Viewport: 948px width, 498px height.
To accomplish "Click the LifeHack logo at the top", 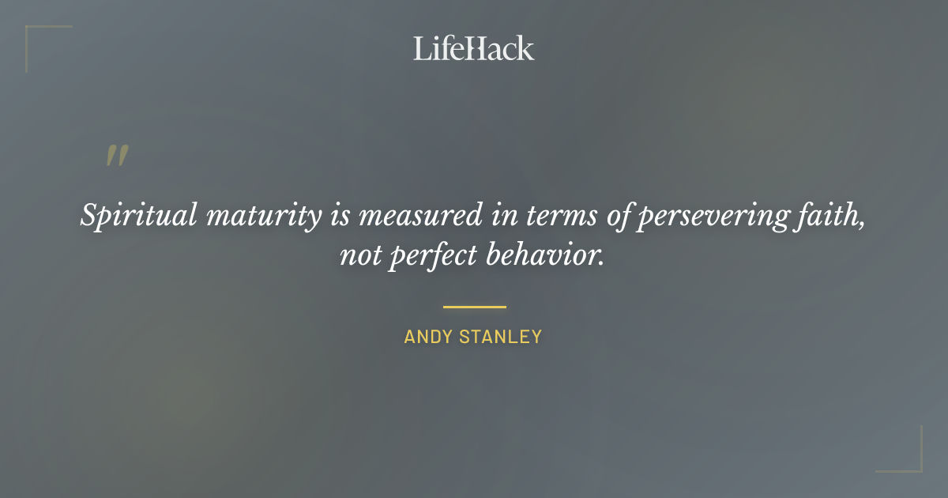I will [474, 49].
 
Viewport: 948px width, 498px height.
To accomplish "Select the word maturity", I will [258, 216].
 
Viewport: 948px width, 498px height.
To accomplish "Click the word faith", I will [831, 216].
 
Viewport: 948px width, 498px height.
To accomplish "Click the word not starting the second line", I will [359, 256].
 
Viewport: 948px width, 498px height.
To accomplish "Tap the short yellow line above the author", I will [474, 307].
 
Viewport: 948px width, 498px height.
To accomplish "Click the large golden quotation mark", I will [117, 156].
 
